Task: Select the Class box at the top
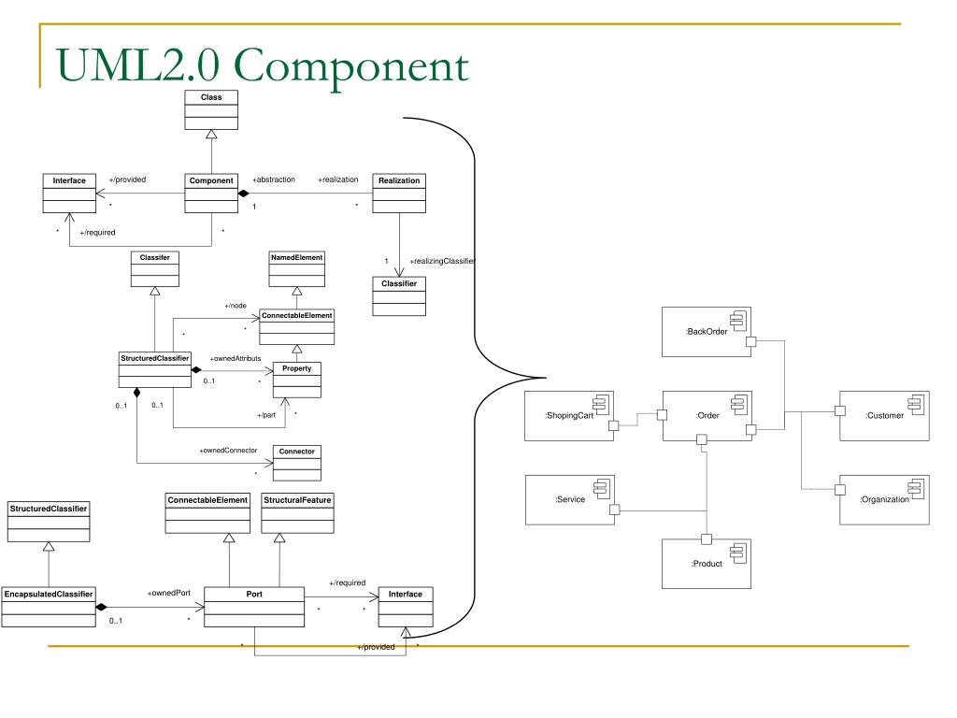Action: (x=211, y=109)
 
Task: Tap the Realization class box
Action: (x=399, y=193)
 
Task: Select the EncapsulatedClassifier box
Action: (x=48, y=606)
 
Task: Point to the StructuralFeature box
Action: (x=296, y=512)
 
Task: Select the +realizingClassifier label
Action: (x=443, y=261)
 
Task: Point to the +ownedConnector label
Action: (x=228, y=451)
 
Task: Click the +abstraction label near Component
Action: (x=274, y=179)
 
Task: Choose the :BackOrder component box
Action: (x=707, y=331)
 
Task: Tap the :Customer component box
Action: (x=883, y=414)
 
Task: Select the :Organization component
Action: (x=883, y=499)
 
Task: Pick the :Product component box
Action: (x=707, y=563)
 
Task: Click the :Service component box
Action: (x=569, y=499)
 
